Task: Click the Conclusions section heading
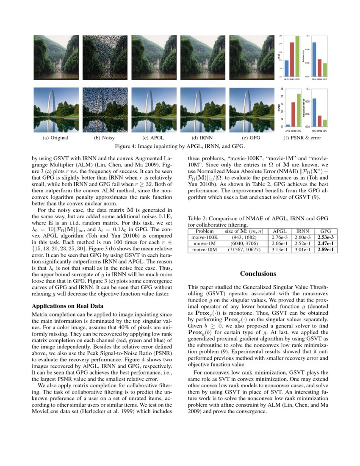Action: point(258,274)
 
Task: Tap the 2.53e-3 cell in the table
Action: point(327,238)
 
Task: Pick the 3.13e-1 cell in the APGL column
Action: point(280,250)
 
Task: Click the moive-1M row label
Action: point(204,244)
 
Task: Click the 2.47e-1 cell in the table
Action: point(327,244)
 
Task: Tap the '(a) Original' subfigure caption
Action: point(55,138)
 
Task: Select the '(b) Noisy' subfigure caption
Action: point(104,138)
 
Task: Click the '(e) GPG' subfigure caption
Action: point(251,138)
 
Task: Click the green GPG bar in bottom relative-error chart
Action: point(324,123)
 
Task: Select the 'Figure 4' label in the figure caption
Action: point(127,147)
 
